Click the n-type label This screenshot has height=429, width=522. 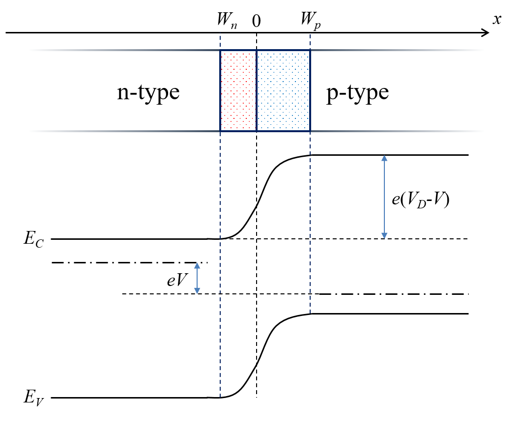coord(148,92)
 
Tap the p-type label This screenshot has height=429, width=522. coord(357,92)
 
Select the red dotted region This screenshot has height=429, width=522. coord(238,90)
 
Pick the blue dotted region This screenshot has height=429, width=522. coord(283,90)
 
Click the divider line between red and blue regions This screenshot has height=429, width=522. coord(257,90)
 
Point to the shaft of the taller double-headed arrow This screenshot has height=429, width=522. coord(384,197)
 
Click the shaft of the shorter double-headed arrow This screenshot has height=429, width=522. coord(197,278)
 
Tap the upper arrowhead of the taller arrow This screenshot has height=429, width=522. coord(384,158)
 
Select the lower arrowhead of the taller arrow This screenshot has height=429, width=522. coord(384,236)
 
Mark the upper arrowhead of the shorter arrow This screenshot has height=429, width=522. coord(197,265)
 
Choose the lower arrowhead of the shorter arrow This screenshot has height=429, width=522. coord(197,291)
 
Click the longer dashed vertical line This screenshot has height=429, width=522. coord(220,265)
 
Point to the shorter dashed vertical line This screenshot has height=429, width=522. coord(310,221)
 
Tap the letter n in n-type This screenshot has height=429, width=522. coord(122,93)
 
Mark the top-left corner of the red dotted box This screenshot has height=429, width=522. coord(220,50)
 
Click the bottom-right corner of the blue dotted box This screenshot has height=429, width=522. coord(310,131)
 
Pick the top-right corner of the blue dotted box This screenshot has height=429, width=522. coord(310,50)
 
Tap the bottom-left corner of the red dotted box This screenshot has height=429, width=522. coord(220,131)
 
